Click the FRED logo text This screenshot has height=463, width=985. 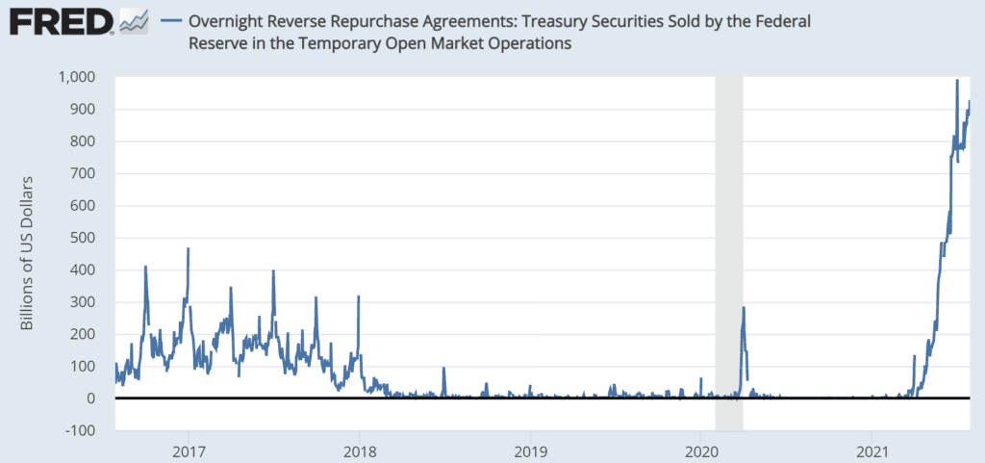click(x=54, y=21)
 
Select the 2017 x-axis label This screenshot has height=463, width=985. click(x=189, y=450)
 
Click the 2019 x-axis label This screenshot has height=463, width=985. click(x=530, y=450)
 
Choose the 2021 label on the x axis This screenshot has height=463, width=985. click(x=871, y=450)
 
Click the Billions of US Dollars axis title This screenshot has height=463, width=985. click(x=28, y=253)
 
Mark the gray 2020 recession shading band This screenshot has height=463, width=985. click(x=729, y=241)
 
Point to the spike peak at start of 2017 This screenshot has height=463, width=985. click(x=189, y=248)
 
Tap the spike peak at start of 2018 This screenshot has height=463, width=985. click(x=359, y=296)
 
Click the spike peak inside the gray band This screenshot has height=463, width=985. click(x=744, y=308)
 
